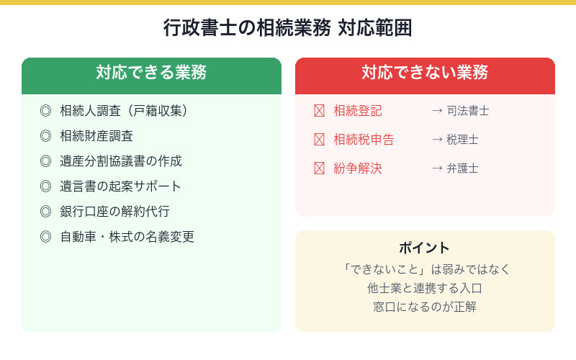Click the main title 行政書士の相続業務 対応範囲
point(288,29)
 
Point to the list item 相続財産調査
point(96,136)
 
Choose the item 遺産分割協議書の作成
point(121,161)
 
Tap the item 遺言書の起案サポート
point(121,186)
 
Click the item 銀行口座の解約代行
point(115,212)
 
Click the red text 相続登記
point(358,111)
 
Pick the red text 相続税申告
point(364,140)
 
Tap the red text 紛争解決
point(358,168)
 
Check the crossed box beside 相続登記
point(320,111)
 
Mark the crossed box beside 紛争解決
point(320,168)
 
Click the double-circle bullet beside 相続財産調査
point(46,136)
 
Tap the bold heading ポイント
point(425,248)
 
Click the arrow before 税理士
point(437,140)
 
